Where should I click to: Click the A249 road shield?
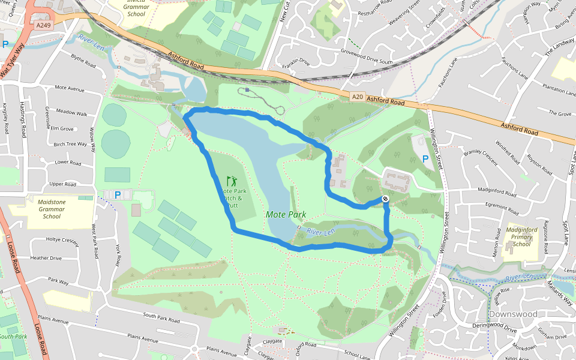tap(43, 25)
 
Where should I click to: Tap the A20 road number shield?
tap(358, 96)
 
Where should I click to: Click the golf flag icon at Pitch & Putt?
tap(232, 181)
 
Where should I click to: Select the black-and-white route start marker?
tap(385, 199)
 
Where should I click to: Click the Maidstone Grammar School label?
tap(52, 209)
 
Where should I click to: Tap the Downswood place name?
tap(512, 314)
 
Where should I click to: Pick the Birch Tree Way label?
tap(70, 144)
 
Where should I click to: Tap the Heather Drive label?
tap(47, 258)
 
